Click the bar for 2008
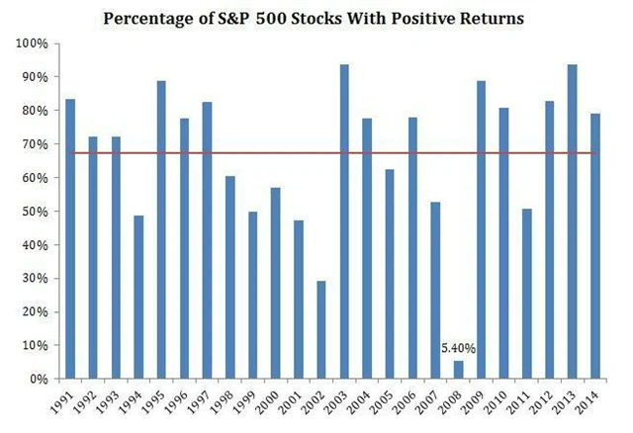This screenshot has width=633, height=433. (x=458, y=369)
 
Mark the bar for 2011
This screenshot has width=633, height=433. (x=526, y=294)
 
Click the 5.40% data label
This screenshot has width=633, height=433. (x=458, y=348)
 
